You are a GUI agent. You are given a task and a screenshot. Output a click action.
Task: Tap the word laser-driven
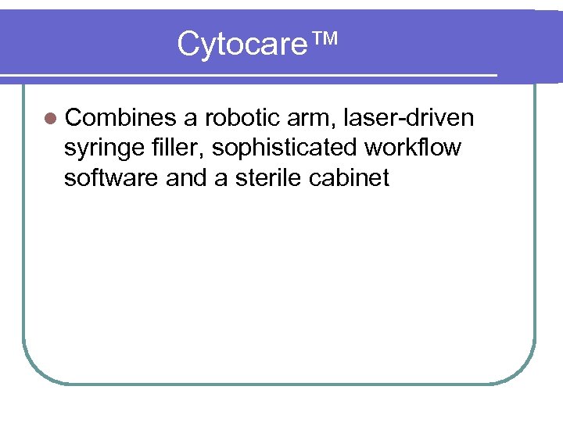[409, 118]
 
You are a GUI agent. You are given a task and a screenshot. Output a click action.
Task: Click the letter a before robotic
[190, 120]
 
